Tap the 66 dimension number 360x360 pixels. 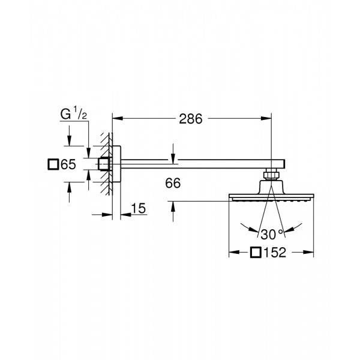click(x=173, y=184)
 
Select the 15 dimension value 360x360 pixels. click(x=138, y=208)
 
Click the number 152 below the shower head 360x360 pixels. click(x=277, y=253)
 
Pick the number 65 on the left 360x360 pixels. click(x=69, y=164)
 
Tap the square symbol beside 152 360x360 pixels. click(x=256, y=253)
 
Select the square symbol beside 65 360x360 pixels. click(x=53, y=164)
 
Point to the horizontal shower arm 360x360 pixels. click(x=198, y=162)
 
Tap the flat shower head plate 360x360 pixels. click(x=271, y=197)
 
